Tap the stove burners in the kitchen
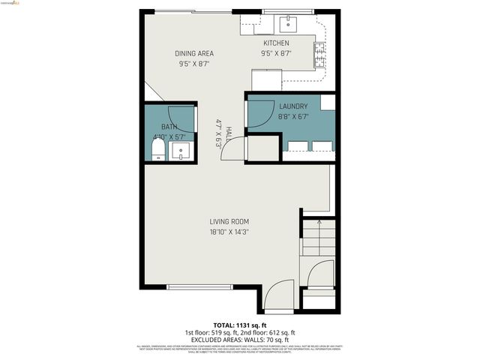tap(319, 52)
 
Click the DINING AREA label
tap(194, 53)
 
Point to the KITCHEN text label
tap(276, 43)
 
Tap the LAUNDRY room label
tap(293, 106)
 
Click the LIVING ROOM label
tap(229, 221)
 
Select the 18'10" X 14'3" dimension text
tap(229, 232)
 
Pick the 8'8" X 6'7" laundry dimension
tap(293, 117)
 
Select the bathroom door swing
tap(181, 118)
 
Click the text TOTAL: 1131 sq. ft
tap(240, 324)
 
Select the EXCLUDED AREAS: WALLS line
tap(240, 340)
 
